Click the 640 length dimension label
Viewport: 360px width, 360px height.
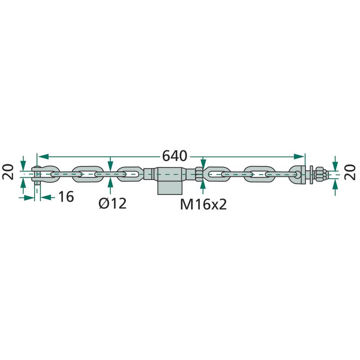pyautogui.click(x=175, y=156)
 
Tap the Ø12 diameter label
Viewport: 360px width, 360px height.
pyautogui.click(x=112, y=203)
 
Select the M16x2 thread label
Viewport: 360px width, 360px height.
pyautogui.click(x=203, y=204)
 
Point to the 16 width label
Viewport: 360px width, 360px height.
pyautogui.click(x=66, y=197)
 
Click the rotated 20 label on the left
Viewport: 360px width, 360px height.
pyautogui.click(x=8, y=172)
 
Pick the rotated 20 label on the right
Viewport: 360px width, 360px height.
pyautogui.click(x=350, y=172)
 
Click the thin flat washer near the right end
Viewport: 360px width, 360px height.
pyautogui.click(x=311, y=175)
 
